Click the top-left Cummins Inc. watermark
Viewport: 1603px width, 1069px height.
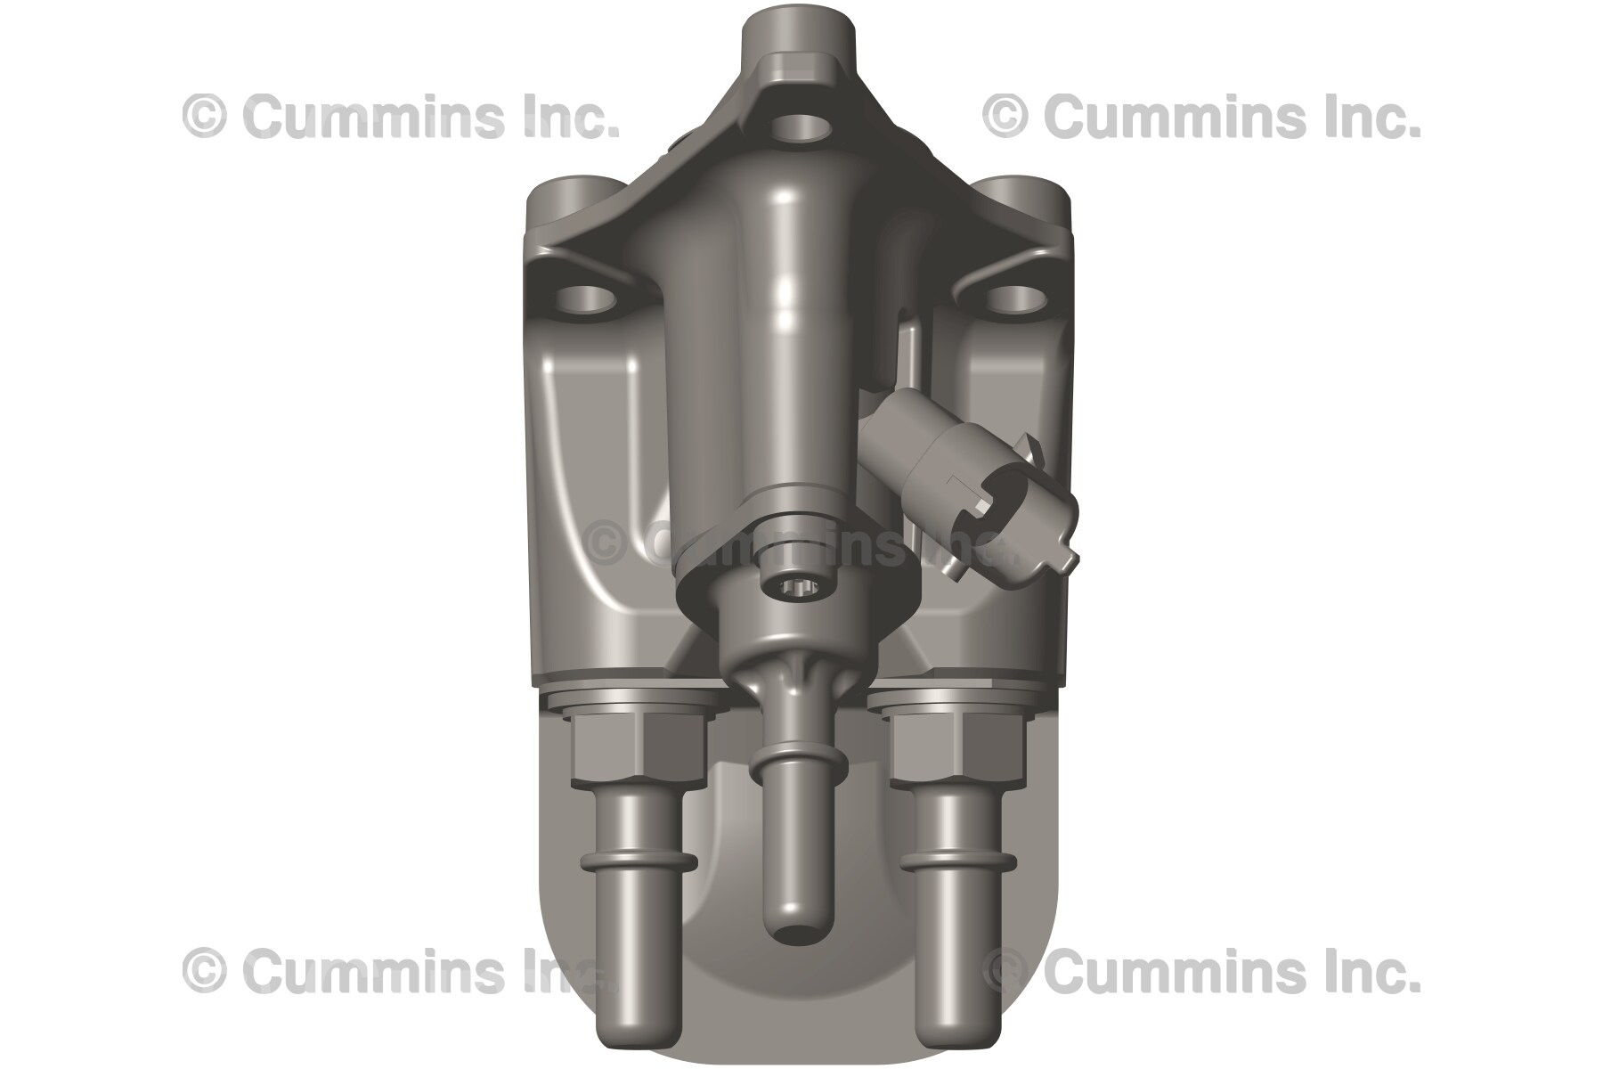[401, 117]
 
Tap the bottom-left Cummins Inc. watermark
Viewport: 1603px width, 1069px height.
[401, 970]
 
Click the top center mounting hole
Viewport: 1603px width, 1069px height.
[798, 126]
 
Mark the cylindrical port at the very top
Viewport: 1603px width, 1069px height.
[798, 40]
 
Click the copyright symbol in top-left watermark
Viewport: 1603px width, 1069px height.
[204, 118]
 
